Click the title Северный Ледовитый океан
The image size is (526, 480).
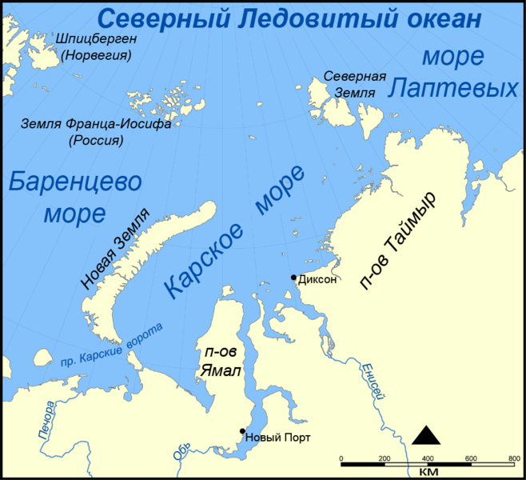[282, 18]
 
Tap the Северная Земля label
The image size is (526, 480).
[355, 84]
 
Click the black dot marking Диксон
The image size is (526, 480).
[293, 277]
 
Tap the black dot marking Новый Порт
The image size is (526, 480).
[242, 431]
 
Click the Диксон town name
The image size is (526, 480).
[317, 280]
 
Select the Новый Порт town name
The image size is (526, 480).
[278, 437]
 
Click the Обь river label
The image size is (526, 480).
[182, 453]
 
